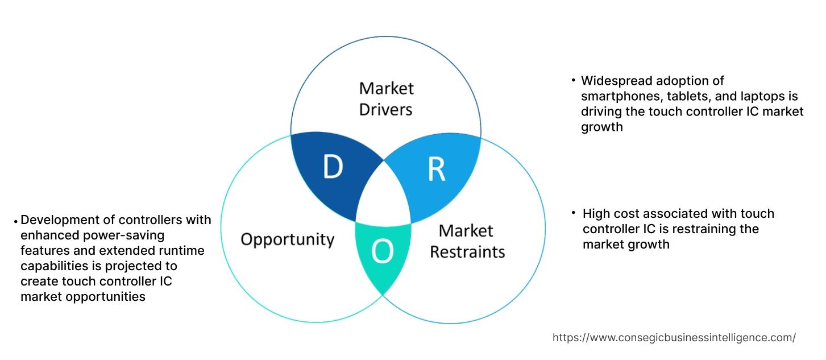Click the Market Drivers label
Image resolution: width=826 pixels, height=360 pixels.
(x=387, y=98)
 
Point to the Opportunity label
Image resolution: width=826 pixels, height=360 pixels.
(x=287, y=239)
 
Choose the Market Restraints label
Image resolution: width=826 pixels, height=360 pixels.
(x=467, y=241)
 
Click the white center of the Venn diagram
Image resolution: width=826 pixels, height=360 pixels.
(x=383, y=196)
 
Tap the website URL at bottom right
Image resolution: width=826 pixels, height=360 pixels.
(x=674, y=337)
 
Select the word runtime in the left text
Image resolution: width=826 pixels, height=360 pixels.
(x=183, y=250)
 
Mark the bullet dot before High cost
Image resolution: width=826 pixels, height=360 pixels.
(x=574, y=213)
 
